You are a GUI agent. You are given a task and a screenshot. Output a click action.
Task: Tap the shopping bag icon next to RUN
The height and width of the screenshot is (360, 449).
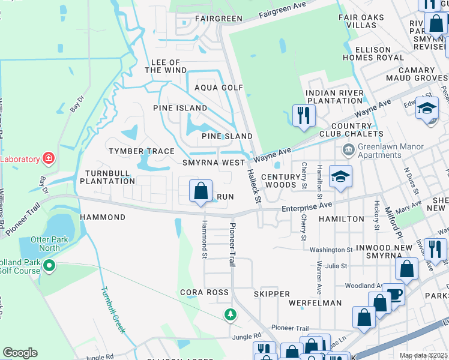tap(200, 191)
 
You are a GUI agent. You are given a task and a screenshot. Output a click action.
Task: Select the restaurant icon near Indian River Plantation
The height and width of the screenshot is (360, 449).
tap(304, 115)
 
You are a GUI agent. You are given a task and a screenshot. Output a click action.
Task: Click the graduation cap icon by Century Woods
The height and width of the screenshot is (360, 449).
tap(340, 177)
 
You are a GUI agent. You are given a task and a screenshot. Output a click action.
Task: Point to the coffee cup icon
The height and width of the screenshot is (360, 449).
tap(394, 294)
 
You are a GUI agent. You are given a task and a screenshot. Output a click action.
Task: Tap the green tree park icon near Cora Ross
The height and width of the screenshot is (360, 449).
tap(230, 314)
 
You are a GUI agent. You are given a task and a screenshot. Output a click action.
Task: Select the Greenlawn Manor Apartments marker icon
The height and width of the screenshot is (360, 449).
tap(348, 148)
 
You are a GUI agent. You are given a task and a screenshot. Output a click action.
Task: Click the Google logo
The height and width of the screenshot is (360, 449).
tap(20, 352)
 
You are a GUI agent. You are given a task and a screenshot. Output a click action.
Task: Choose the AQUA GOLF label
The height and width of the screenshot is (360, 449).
tap(218, 88)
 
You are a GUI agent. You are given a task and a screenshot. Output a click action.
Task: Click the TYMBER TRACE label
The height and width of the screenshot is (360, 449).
tap(141, 151)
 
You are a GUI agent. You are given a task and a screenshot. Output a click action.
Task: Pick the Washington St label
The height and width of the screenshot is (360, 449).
tap(331, 250)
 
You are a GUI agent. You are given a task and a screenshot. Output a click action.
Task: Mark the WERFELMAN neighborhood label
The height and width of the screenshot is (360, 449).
tap(315, 304)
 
